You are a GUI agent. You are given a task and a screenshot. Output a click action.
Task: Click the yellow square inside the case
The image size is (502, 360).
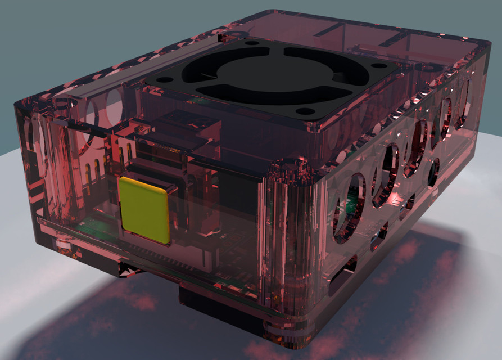(x=144, y=210)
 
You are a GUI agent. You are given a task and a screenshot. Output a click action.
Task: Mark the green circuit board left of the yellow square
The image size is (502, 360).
(x=96, y=228)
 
